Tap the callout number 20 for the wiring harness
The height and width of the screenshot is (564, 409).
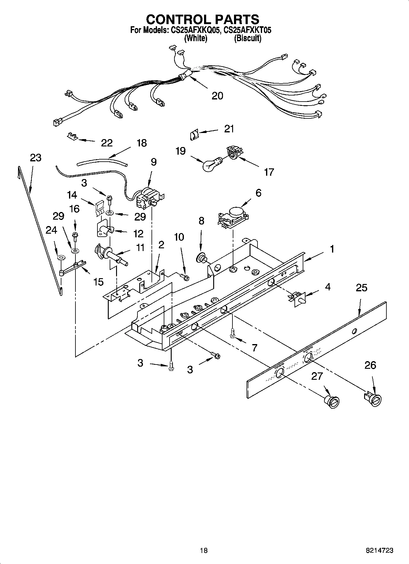tap(217, 96)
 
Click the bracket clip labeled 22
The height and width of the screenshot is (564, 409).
tap(72, 135)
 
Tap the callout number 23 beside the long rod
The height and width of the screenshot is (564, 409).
tap(35, 158)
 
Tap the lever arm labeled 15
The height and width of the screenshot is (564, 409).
tap(75, 266)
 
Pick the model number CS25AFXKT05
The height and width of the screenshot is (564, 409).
tap(247, 30)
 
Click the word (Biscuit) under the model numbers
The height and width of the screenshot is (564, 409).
tap(247, 38)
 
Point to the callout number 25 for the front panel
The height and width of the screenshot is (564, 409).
tap(361, 288)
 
